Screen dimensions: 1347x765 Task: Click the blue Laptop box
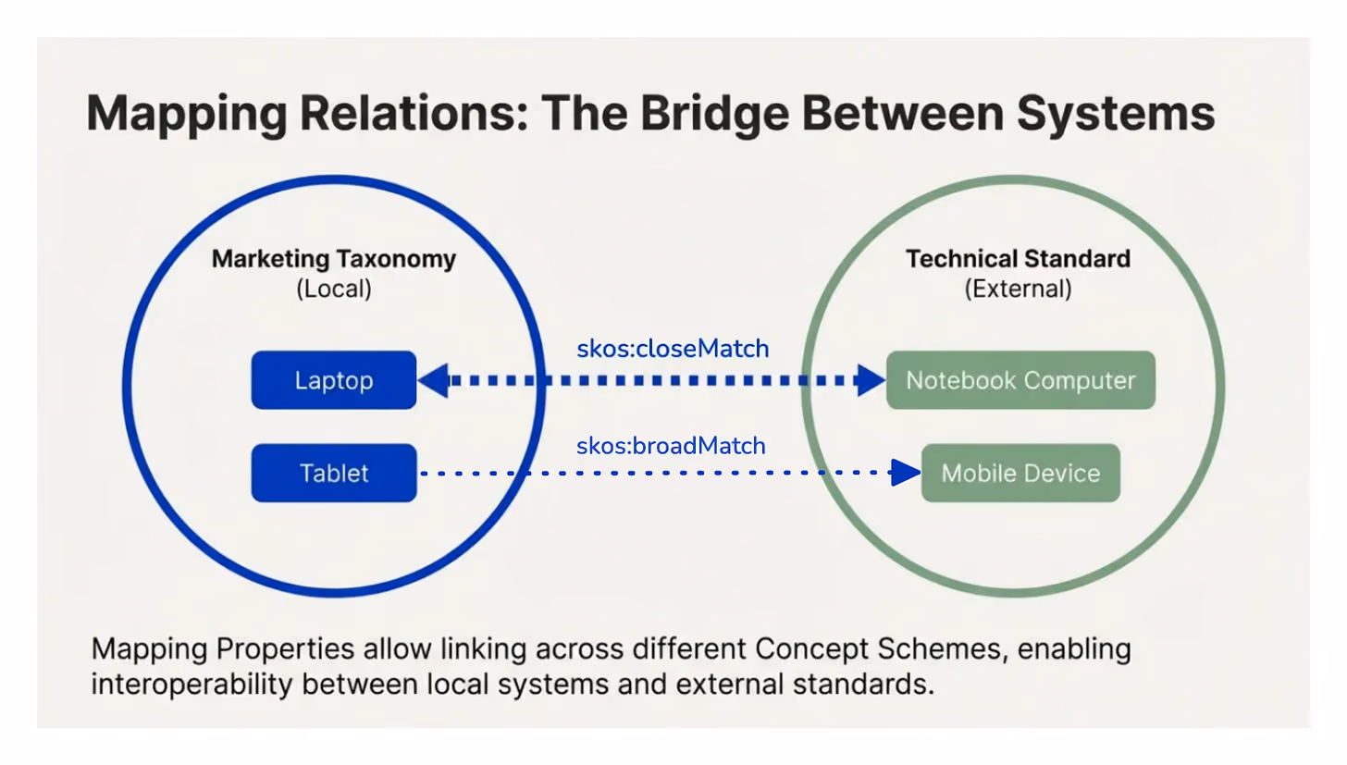click(334, 380)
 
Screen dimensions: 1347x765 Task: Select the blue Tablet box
click(334, 473)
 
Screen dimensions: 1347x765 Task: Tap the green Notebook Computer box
click(1020, 380)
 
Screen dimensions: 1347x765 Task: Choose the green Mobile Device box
click(1020, 473)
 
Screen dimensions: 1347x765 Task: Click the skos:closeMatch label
click(673, 349)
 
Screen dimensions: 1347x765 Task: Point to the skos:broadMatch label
click(671, 446)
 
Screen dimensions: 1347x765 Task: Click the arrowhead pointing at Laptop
click(433, 380)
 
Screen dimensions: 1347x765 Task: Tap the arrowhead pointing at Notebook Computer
click(871, 380)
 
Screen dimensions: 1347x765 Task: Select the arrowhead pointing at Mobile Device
click(907, 473)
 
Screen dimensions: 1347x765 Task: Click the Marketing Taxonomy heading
click(334, 259)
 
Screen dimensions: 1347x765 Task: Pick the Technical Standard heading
click(1018, 259)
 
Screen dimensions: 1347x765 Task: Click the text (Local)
click(334, 290)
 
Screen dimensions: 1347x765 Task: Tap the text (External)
click(1018, 290)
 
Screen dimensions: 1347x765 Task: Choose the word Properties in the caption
click(285, 649)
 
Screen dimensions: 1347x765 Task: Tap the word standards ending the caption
click(863, 685)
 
